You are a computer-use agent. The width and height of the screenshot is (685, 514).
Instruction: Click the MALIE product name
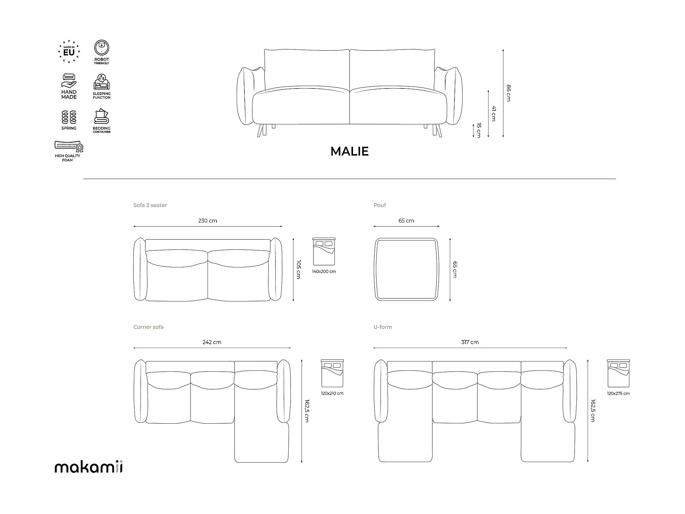click(x=349, y=151)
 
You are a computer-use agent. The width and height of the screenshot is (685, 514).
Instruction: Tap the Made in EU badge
click(x=69, y=51)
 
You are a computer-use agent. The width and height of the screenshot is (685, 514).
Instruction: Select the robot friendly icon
click(x=101, y=48)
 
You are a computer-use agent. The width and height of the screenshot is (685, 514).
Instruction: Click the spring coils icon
click(x=69, y=117)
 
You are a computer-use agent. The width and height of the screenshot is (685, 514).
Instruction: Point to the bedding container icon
click(x=101, y=116)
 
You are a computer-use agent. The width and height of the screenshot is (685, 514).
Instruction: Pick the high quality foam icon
click(x=69, y=147)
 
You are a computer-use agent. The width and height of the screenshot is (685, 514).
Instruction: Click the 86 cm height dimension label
click(x=508, y=93)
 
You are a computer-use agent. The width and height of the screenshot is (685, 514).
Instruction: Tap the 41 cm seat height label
click(x=493, y=114)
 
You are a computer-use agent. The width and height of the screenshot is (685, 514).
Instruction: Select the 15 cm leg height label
click(x=479, y=131)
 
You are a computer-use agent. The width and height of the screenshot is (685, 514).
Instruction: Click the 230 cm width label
click(x=208, y=221)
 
